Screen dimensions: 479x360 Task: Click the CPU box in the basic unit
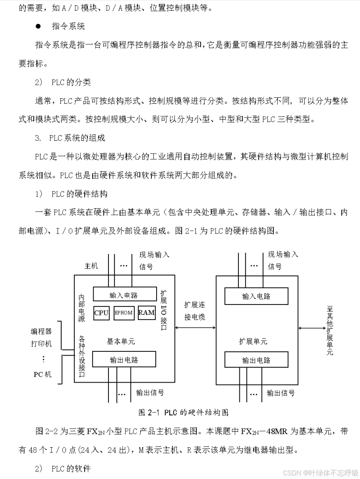[101, 313]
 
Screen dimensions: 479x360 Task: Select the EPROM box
[123, 313]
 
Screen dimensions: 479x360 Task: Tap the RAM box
[146, 313]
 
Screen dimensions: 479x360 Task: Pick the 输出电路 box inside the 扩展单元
[256, 360]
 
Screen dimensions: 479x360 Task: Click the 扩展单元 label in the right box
[253, 341]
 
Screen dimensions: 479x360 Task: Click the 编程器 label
[42, 332]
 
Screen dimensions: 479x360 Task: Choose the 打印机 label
[42, 344]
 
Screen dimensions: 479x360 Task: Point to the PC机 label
[43, 374]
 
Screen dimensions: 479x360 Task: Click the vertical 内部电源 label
[82, 308]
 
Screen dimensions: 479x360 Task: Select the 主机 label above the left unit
[91, 266]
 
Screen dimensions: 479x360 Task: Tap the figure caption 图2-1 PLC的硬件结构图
[183, 413]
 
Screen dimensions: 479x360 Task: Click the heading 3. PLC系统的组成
[70, 138]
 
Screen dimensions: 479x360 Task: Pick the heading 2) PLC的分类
[63, 82]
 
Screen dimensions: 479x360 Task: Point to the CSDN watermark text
[321, 472]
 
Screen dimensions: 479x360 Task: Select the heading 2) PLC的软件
[63, 468]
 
